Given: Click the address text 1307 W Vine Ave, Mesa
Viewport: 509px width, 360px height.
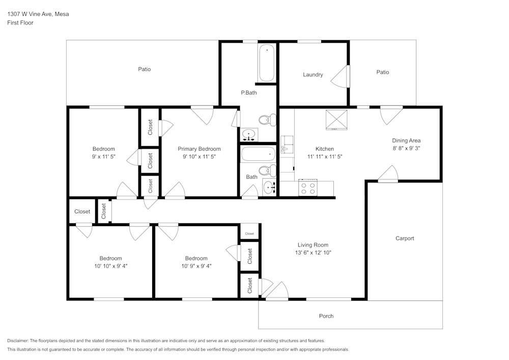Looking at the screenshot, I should pos(38,14).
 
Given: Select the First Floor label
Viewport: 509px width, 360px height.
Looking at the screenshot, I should pos(20,23).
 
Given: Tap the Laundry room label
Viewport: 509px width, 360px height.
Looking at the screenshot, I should pos(313,75).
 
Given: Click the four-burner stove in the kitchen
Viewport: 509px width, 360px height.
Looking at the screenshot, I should pos(308,188).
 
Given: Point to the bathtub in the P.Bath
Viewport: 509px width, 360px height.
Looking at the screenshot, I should pos(267,63).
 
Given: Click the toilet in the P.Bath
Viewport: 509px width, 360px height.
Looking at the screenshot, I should pos(266,121).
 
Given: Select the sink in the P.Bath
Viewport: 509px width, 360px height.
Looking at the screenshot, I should pos(249,135).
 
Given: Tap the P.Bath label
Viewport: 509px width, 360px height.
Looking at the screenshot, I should pos(248,93).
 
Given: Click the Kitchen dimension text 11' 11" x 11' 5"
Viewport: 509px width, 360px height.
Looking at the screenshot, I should pos(325,157).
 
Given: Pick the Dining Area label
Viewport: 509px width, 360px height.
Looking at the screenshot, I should pos(406,141).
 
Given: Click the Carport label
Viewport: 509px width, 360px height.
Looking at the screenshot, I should pos(405,238).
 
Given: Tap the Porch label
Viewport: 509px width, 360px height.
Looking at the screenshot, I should pos(326,316).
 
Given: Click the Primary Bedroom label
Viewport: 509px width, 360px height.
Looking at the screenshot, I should pos(199,149).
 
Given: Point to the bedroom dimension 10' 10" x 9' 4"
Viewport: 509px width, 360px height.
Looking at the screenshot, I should pos(110,266).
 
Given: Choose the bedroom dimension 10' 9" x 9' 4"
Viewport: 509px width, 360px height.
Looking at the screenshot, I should pos(196,266).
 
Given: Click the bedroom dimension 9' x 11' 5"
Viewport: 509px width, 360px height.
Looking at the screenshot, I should pos(103,157).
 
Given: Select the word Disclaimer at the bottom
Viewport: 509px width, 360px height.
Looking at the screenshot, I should pos(18,341).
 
